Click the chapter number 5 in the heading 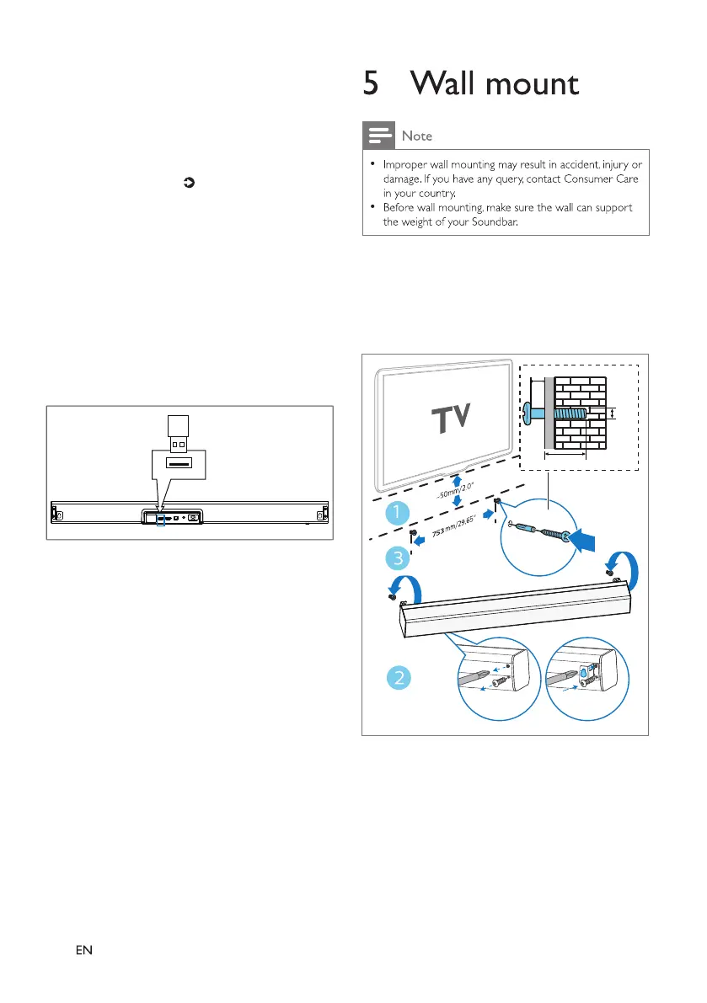click(370, 84)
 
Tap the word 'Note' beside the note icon click(416, 136)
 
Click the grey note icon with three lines click(378, 135)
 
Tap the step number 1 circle click(396, 511)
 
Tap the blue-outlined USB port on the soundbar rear click(160, 519)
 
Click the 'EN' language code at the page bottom click(83, 950)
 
